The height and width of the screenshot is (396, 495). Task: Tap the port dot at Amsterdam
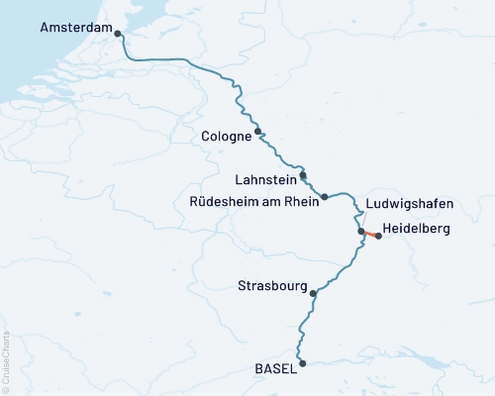[x=119, y=34]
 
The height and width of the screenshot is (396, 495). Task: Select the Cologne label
[x=225, y=137]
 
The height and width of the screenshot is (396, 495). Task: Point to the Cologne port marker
[x=258, y=131]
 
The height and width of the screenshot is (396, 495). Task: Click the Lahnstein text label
[x=262, y=181]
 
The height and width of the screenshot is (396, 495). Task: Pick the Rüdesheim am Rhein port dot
[x=325, y=197]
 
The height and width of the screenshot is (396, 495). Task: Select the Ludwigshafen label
[x=409, y=204]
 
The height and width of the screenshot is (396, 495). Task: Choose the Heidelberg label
[x=415, y=229]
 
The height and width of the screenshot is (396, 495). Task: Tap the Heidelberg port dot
[x=378, y=236]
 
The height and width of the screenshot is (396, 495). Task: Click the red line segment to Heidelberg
[x=369, y=234]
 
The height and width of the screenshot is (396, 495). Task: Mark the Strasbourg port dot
[x=313, y=293]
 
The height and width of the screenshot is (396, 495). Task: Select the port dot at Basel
[x=303, y=363]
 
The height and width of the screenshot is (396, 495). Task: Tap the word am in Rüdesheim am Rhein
[x=270, y=201]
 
